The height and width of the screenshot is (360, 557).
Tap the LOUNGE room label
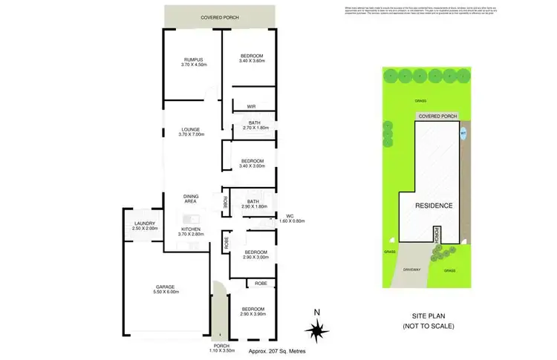192,128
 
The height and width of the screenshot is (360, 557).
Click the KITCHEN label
191,229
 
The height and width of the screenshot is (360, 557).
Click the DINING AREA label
191,199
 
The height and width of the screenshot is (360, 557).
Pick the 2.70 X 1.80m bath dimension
254,128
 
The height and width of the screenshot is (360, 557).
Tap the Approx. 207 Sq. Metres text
276,350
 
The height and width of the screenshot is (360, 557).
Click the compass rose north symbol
316,329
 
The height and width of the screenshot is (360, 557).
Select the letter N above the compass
316,312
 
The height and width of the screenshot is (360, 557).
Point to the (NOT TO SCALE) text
433,327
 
